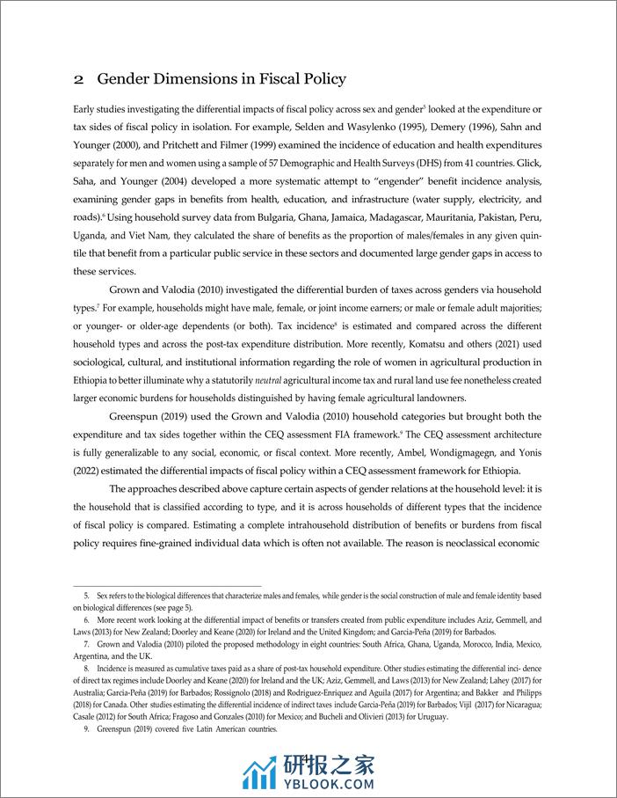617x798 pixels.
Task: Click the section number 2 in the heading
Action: pos(78,79)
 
